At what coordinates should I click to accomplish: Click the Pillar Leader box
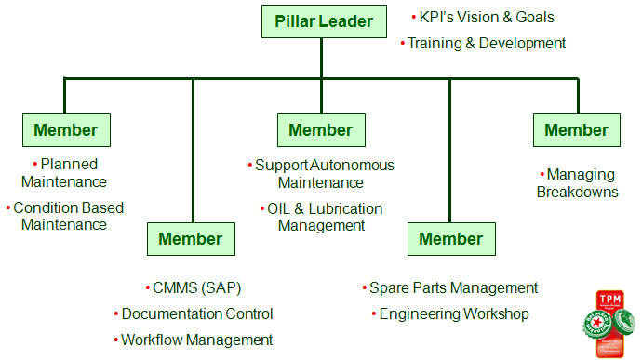tap(323, 20)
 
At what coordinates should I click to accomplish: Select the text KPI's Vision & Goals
tap(486, 17)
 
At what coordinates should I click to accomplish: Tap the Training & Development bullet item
tap(486, 43)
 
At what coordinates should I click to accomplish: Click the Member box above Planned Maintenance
tap(65, 130)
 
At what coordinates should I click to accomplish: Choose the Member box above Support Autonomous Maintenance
tap(321, 130)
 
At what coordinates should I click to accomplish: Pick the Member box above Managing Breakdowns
tap(576, 130)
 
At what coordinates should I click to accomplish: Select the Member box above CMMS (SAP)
tap(191, 239)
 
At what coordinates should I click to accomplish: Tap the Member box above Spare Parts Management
tap(450, 239)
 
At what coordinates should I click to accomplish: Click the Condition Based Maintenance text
tap(65, 216)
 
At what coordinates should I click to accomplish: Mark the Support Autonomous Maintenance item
tap(323, 174)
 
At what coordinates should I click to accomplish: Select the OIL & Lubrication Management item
tap(323, 217)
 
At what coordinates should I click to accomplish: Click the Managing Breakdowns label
tap(577, 183)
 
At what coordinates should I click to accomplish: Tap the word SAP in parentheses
tap(232, 288)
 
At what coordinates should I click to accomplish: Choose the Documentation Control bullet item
tap(196, 314)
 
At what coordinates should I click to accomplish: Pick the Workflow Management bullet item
tap(196, 340)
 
